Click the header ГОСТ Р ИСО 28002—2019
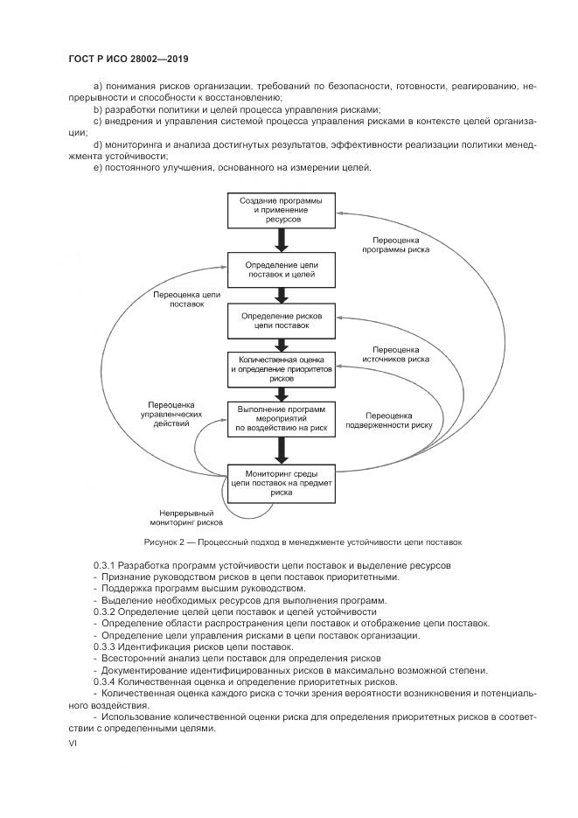129,59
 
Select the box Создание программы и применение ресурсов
281,211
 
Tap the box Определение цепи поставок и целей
281,269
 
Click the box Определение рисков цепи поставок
281,320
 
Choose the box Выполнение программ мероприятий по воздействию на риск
281,418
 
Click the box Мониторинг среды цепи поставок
281,482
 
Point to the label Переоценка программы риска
396,244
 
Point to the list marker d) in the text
97,143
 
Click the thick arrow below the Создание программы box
281,239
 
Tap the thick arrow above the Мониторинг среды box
281,450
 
